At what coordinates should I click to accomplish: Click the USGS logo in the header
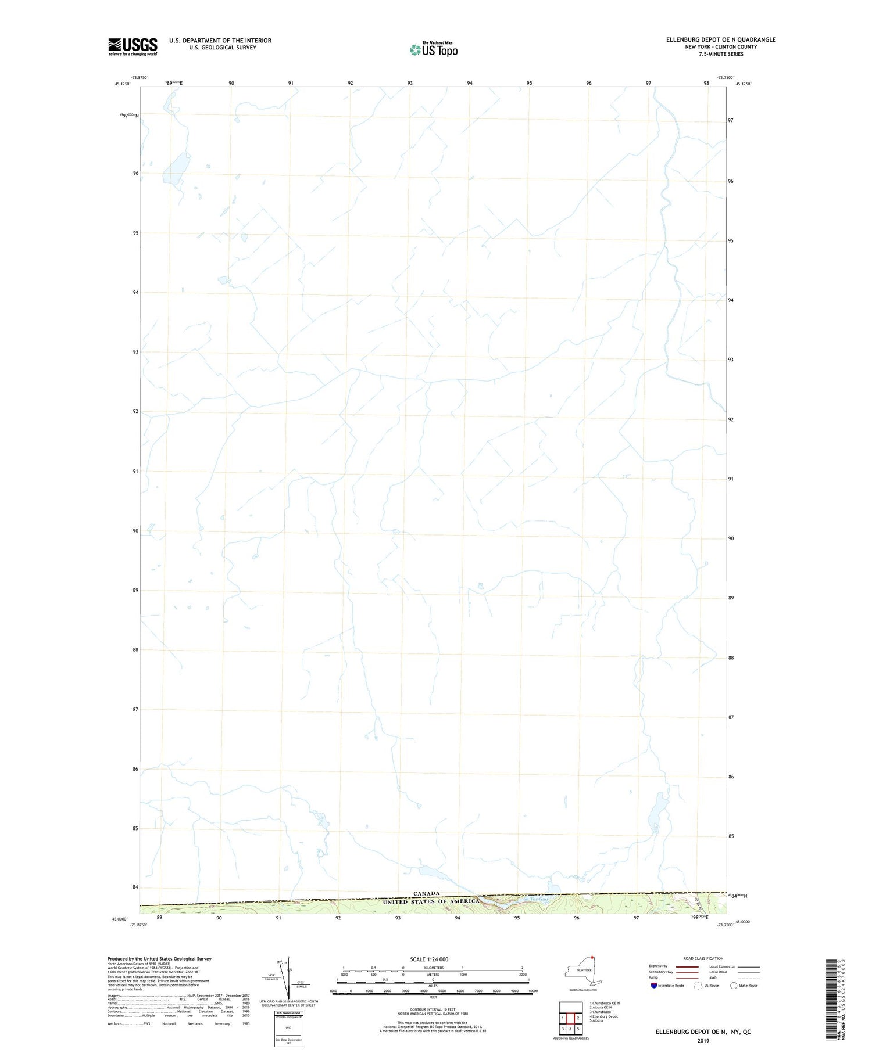coord(133,46)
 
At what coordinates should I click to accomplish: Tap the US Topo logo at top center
coord(434,49)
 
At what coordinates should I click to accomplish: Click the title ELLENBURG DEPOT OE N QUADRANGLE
coord(721,39)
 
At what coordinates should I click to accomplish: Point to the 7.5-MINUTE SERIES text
coord(721,54)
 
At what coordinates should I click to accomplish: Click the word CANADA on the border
coord(427,893)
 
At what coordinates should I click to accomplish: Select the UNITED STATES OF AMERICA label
coord(431,901)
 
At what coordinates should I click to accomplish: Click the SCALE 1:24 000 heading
coord(429,959)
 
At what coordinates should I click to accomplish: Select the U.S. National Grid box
coord(288,1029)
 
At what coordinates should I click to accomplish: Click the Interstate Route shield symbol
coord(654,986)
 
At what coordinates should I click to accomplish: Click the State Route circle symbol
coord(734,986)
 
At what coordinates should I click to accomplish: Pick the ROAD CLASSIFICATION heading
coord(703,958)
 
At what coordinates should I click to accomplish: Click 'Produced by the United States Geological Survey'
coord(159,959)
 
